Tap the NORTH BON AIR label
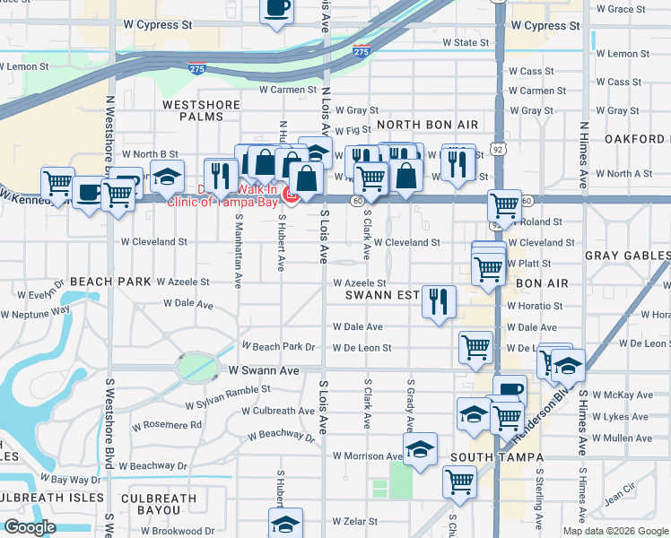tap(429, 124)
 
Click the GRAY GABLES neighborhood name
tap(627, 256)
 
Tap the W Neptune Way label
tap(36, 313)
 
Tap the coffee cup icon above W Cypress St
tap(277, 9)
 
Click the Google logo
tap(29, 527)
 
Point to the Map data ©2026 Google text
tap(614, 531)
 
